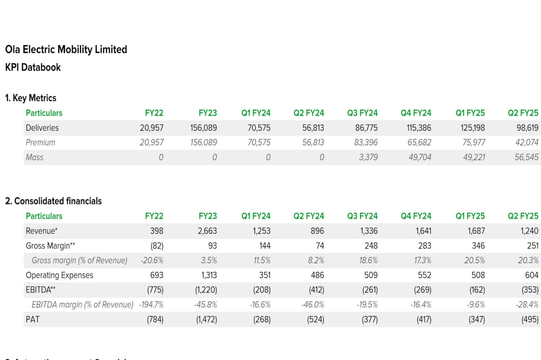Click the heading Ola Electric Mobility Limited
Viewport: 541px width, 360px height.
coord(66,49)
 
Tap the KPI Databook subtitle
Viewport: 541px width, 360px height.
coord(33,67)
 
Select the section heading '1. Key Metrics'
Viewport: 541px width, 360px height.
coord(30,98)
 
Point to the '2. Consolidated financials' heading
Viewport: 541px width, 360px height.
coord(53,201)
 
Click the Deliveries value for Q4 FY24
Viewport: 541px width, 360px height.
coord(419,128)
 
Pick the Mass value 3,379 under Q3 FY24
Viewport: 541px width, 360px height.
coord(368,157)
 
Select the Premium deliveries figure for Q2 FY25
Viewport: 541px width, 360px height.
coord(526,142)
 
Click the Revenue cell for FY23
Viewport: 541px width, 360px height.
coord(207,231)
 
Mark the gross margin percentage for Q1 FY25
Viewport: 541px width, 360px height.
coord(474,260)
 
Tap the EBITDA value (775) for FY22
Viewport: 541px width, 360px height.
coord(155,290)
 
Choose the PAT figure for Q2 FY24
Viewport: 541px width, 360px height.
coord(315,319)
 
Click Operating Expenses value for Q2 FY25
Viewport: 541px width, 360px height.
coord(531,275)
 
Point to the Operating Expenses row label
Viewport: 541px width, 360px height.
coord(60,275)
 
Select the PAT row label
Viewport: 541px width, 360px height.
coord(33,319)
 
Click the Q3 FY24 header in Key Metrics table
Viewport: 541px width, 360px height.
coord(362,113)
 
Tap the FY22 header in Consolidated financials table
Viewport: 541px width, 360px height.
coord(154,216)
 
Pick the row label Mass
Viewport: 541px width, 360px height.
coord(34,157)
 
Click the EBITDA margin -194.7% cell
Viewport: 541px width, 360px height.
coord(151,304)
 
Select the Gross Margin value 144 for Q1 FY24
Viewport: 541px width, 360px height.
coord(265,246)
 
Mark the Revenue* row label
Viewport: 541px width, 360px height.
coord(41,231)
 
